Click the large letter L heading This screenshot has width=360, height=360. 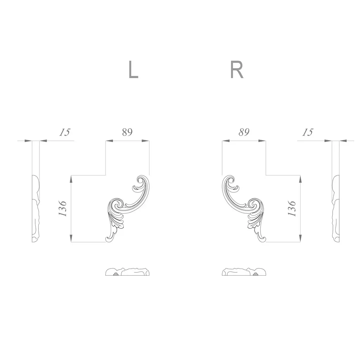[133, 69]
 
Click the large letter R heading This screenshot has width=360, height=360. [237, 69]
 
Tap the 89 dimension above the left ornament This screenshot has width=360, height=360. [127, 132]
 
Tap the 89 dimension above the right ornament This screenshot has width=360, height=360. [244, 132]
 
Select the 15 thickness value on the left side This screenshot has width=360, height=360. [65, 132]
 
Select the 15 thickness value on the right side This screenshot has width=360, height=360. [308, 132]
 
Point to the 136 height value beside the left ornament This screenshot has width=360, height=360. [63, 208]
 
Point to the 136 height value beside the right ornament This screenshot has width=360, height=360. [291, 208]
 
